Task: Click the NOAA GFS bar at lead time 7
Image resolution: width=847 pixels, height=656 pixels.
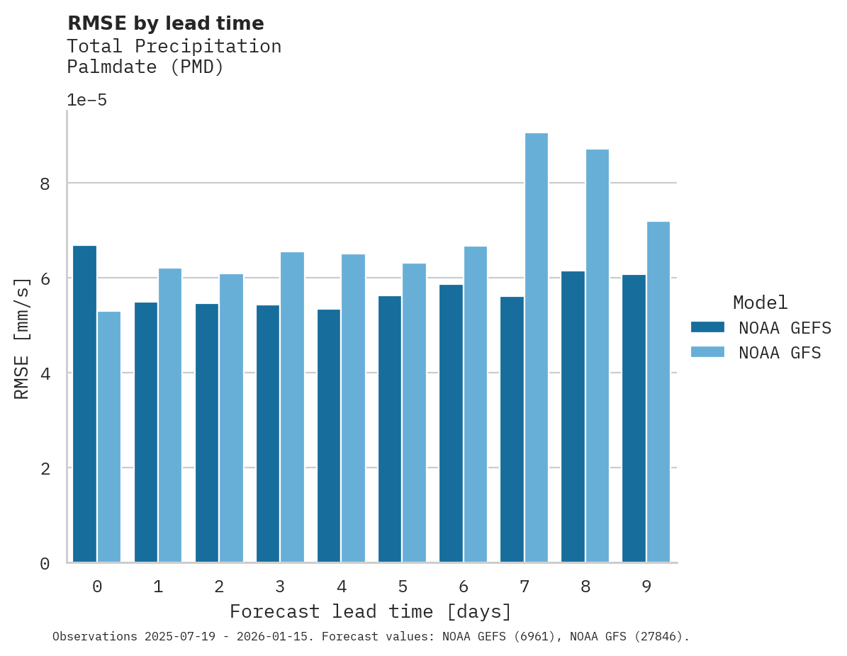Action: [x=536, y=348]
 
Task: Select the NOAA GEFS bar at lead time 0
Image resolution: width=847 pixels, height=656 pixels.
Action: [x=84, y=404]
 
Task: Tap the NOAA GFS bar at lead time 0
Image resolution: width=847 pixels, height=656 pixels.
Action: [x=109, y=437]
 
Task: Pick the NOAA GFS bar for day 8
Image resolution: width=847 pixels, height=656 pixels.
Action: [x=597, y=356]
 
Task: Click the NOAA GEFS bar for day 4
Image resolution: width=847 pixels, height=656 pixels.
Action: [x=329, y=436]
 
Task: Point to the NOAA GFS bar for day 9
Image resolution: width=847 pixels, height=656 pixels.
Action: [x=658, y=392]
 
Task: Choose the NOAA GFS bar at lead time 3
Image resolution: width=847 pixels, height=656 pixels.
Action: [x=292, y=407]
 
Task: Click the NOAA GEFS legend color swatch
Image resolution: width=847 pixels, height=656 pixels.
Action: [x=707, y=327]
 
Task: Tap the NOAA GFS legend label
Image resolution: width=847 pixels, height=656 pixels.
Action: [x=780, y=353]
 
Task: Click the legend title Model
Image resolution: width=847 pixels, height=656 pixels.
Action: [x=760, y=303]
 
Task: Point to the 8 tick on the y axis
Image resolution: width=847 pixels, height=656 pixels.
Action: [x=45, y=184]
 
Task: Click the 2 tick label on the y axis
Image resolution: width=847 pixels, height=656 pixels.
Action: [x=45, y=469]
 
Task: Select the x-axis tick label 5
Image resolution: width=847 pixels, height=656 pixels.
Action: [x=402, y=587]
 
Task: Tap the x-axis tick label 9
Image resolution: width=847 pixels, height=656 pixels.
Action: [x=646, y=587]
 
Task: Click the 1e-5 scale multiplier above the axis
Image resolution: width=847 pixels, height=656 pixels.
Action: [x=86, y=100]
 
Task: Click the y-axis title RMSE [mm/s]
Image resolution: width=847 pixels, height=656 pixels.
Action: [x=22, y=338]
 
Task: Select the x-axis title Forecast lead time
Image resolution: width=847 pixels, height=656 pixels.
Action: [x=370, y=611]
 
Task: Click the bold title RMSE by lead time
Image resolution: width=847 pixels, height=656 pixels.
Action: [x=165, y=23]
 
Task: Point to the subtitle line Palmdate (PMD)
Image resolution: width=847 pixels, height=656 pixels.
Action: [x=145, y=67]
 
